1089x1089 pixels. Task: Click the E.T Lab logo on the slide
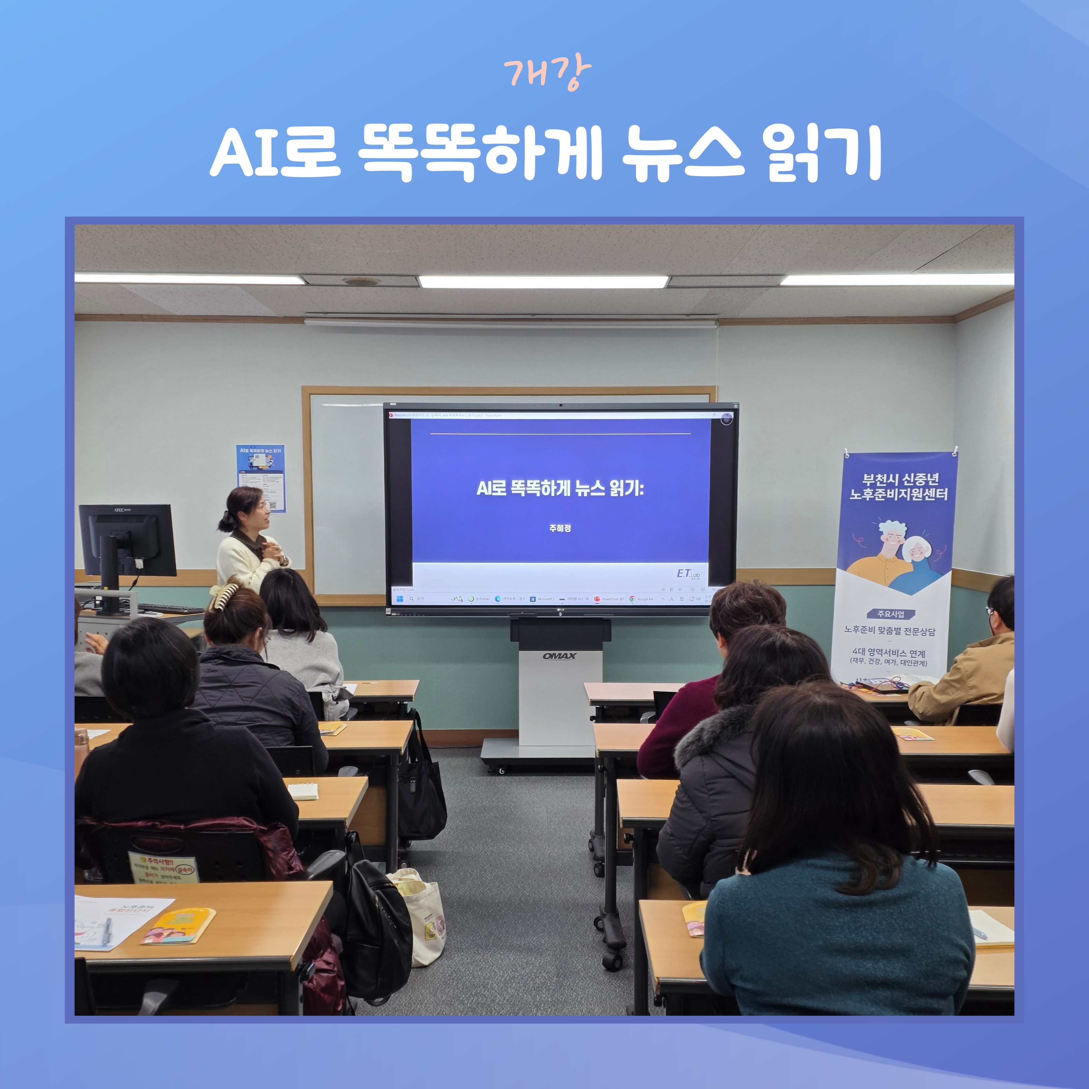click(x=688, y=574)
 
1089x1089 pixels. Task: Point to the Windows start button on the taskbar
click(x=400, y=599)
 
